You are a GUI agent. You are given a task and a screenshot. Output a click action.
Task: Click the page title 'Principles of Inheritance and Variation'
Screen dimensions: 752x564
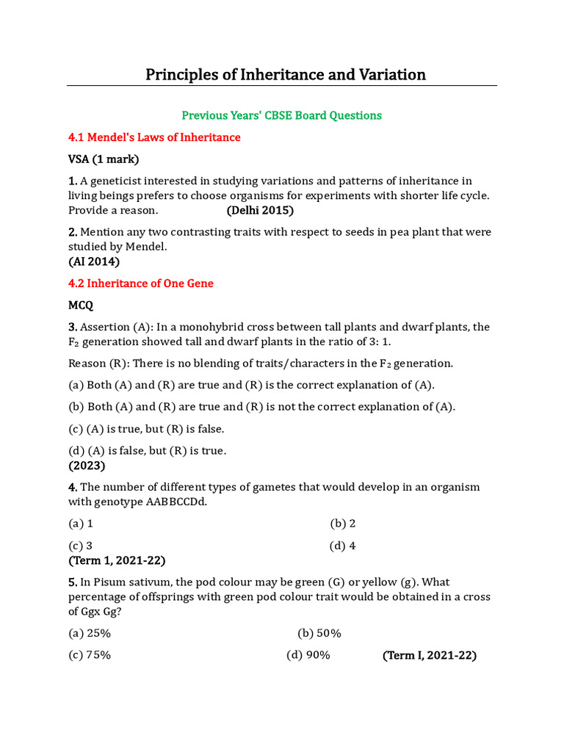pyautogui.click(x=285, y=75)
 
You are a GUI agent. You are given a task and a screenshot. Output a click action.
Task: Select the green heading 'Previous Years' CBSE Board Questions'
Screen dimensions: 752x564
pyautogui.click(x=282, y=115)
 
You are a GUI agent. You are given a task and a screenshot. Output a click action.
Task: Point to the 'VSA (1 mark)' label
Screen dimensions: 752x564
pyautogui.click(x=104, y=159)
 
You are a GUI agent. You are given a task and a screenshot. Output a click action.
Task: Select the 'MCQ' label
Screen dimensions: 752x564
pyautogui.click(x=81, y=305)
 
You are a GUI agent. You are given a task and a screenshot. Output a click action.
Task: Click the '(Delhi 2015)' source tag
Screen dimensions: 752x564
pyautogui.click(x=260, y=210)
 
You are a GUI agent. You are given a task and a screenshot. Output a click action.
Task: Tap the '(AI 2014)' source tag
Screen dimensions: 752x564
pyautogui.click(x=94, y=261)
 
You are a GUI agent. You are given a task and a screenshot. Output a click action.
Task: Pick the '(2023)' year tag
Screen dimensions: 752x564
pyautogui.click(x=87, y=466)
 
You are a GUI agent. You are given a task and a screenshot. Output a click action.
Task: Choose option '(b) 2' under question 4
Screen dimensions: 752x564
pyautogui.click(x=343, y=524)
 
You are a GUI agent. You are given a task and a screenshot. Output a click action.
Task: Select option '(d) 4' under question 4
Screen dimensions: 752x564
pyautogui.click(x=343, y=546)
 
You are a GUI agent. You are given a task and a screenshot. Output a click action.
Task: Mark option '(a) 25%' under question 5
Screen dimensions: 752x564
pyautogui.click(x=90, y=633)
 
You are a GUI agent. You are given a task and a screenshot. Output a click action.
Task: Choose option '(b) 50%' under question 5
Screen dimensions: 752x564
pyautogui.click(x=319, y=633)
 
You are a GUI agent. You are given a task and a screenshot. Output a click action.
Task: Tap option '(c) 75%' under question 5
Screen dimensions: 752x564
pyautogui.click(x=90, y=655)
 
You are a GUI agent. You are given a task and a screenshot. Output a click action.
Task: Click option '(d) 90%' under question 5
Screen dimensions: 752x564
pyautogui.click(x=308, y=655)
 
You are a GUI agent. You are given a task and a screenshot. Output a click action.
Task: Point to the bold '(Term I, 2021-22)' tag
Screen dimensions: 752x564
pyautogui.click(x=430, y=656)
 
